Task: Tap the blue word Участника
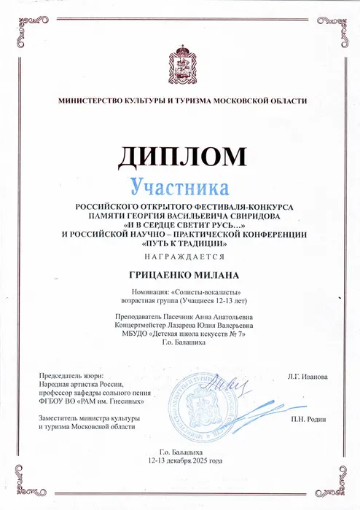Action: (179, 187)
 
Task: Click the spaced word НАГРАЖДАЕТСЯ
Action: (179, 257)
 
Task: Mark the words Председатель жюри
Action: (67, 374)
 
